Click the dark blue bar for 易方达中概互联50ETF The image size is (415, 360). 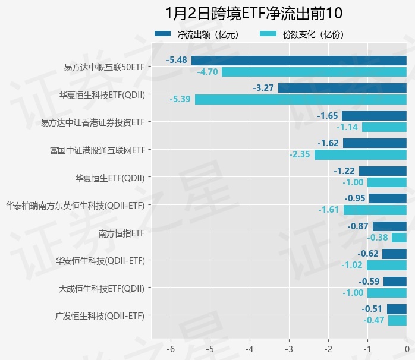[299, 60]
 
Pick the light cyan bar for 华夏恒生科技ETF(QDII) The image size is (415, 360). [301, 99]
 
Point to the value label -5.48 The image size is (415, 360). [178, 60]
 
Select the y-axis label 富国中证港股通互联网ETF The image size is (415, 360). [98, 150]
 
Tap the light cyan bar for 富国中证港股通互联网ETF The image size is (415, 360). [360, 154]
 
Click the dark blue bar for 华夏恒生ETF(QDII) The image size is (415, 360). [383, 171]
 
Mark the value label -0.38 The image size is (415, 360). [378, 238]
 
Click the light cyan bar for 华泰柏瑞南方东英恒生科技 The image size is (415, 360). [375, 210]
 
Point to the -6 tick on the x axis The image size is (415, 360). [171, 348]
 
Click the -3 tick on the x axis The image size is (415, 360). [289, 348]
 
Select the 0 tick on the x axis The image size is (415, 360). [407, 348]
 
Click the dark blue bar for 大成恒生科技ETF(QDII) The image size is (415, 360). [395, 282]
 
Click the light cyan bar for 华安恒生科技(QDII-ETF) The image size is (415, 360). [386, 265]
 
